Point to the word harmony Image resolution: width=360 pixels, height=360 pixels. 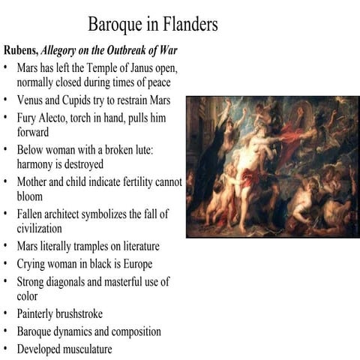tap(38, 163)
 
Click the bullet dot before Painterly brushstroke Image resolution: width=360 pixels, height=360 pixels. tap(6, 314)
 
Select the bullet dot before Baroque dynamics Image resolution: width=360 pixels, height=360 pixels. tap(6, 331)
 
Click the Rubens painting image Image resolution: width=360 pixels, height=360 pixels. tap(272, 166)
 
